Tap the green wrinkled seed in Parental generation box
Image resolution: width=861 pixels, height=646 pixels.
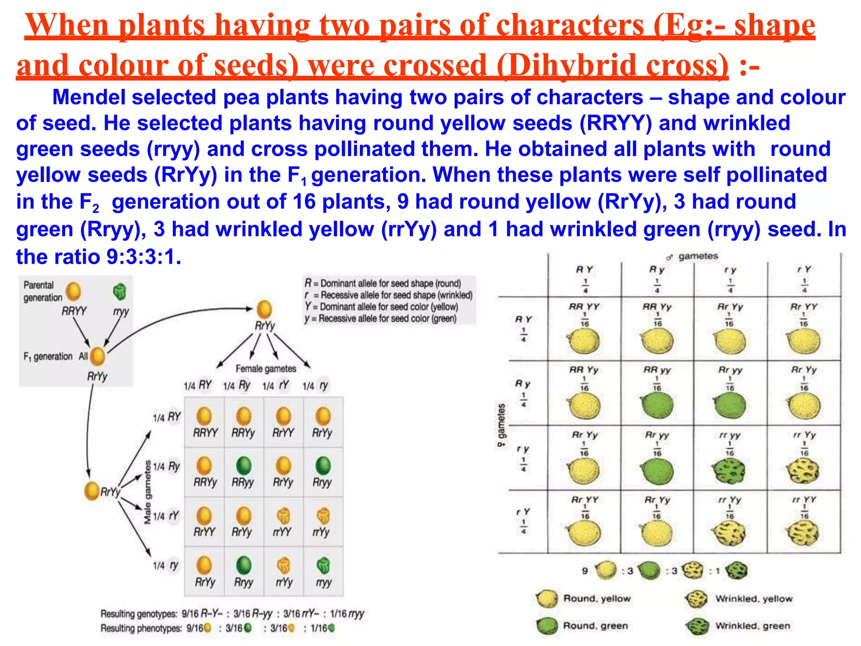[120, 291]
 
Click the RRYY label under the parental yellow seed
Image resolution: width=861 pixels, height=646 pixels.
[74, 311]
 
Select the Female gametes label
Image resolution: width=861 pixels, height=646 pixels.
[266, 369]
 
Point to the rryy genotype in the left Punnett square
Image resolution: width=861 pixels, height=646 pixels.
[323, 582]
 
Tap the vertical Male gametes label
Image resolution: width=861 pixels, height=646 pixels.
[147, 492]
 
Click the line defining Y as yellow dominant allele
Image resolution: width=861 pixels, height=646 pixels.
[381, 307]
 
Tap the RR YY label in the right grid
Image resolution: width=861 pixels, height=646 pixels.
[584, 307]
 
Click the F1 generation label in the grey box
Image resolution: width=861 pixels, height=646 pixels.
[48, 357]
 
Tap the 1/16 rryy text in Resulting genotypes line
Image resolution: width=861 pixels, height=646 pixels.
[347, 614]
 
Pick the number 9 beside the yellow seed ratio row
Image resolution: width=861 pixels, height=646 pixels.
[585, 571]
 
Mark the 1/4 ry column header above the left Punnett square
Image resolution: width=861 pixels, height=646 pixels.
[316, 386]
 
